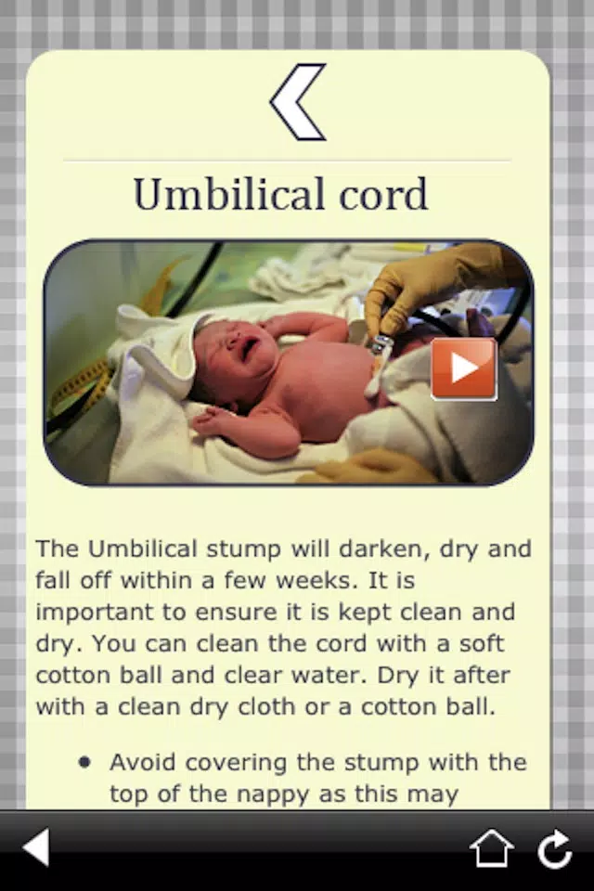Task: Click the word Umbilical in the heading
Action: (229, 194)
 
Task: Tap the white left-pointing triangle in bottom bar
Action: (36, 847)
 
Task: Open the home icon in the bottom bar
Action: (491, 847)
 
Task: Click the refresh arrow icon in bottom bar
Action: (555, 849)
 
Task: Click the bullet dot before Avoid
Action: (84, 763)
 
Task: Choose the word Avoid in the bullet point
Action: (143, 763)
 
